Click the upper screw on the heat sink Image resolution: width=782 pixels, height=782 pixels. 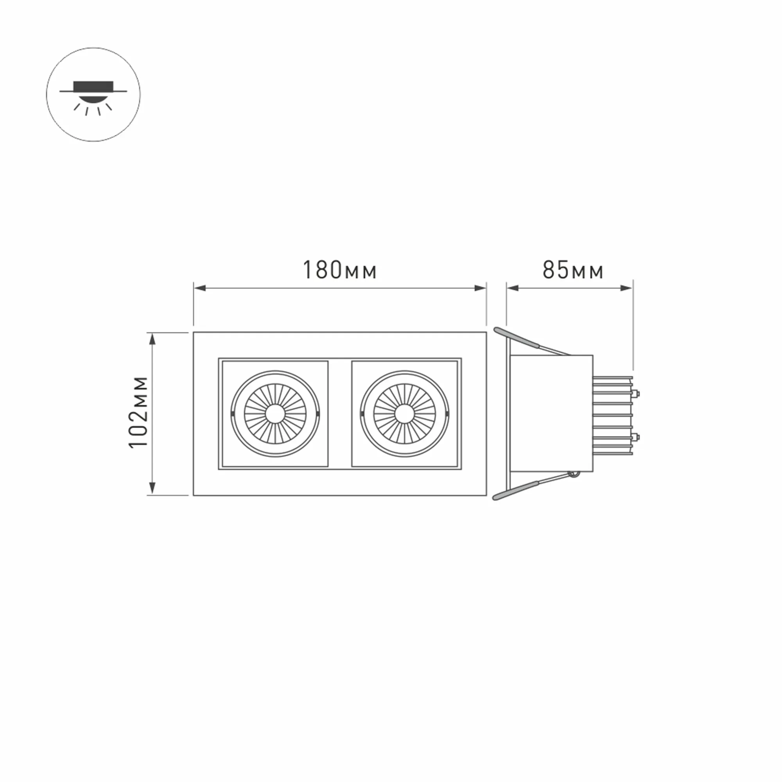[636, 392]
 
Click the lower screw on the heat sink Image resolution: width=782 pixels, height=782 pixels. [636, 437]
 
